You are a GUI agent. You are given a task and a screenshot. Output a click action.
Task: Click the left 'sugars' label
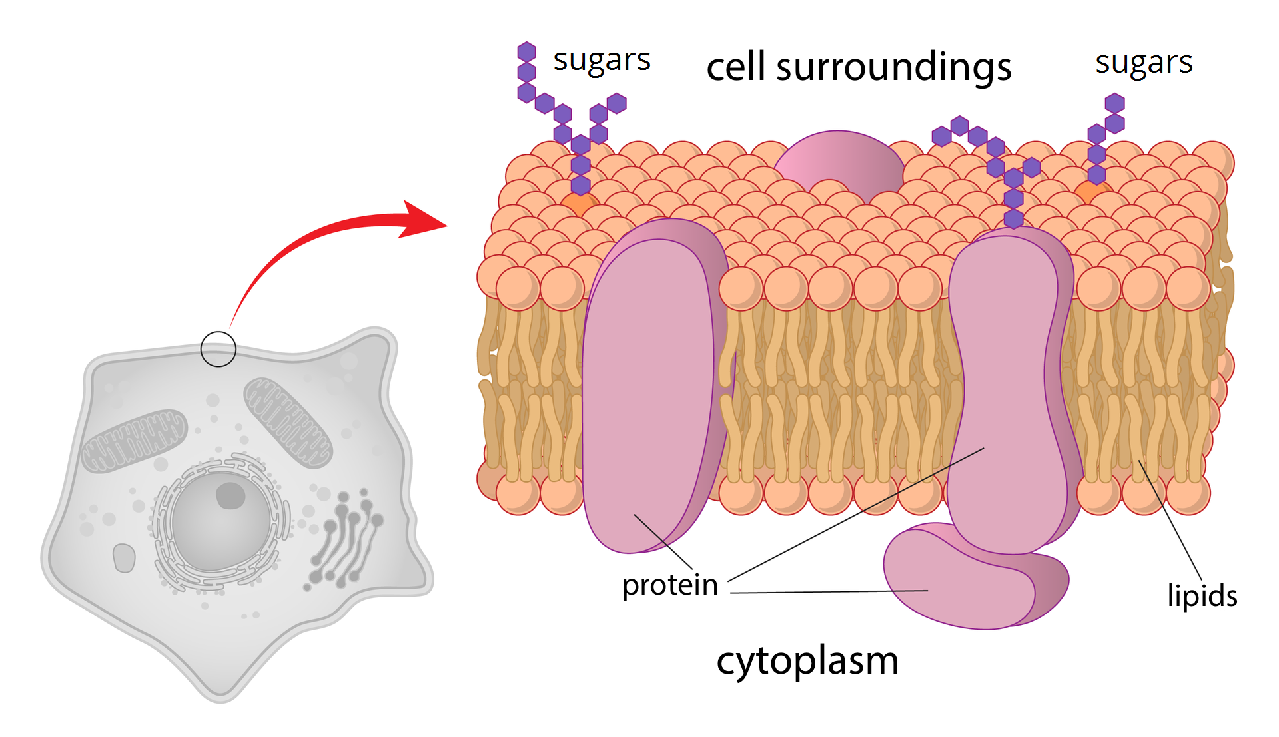point(602,61)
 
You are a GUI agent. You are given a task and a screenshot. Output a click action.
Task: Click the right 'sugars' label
point(1144,63)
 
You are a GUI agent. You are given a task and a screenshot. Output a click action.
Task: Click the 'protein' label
point(669,585)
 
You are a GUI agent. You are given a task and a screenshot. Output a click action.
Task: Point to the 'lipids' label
point(1202,595)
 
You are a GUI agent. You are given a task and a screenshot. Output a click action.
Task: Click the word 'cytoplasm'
point(807,661)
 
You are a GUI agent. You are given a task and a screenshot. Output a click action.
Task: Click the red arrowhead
point(424,219)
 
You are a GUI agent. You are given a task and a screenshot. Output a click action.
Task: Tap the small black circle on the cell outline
point(218,348)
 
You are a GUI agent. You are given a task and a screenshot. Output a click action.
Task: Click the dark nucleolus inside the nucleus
point(230,496)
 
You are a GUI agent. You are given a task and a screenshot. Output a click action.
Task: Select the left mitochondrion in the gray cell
point(134,441)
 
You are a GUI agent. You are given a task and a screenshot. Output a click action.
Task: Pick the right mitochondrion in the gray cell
point(288,422)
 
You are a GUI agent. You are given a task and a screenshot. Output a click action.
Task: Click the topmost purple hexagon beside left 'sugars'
point(526,51)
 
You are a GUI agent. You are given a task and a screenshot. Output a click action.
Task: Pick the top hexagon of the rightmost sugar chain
point(1114,103)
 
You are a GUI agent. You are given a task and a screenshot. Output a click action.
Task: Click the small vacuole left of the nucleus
point(124,557)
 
